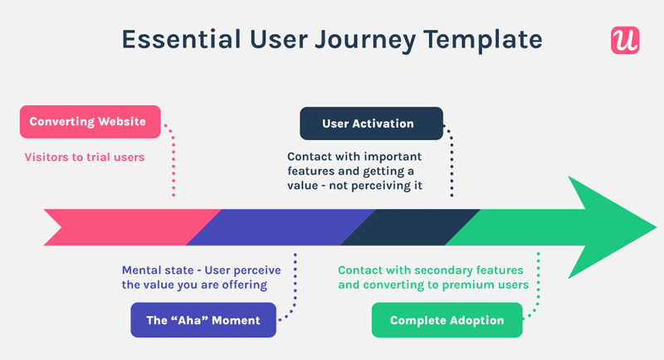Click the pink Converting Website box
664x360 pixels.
[89, 123]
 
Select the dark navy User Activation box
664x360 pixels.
[371, 124]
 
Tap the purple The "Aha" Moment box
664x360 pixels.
[203, 320]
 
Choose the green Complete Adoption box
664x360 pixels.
[447, 320]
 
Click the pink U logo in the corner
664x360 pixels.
[624, 41]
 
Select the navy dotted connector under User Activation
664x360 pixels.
[452, 162]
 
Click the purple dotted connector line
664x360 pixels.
[294, 286]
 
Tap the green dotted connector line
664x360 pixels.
[539, 286]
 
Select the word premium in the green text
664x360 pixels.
[471, 285]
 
